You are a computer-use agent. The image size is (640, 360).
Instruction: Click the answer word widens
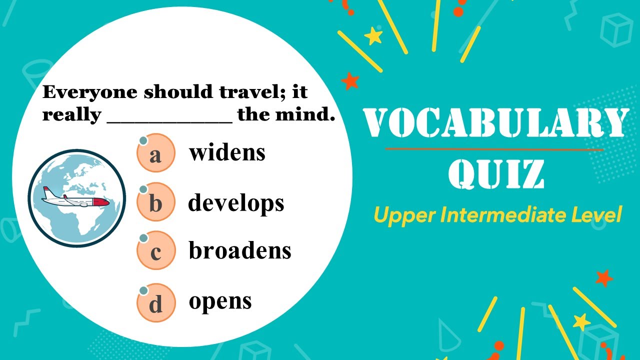(x=227, y=153)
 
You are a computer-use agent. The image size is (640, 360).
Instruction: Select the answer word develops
(x=236, y=202)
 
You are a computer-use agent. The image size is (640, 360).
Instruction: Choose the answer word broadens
(x=240, y=250)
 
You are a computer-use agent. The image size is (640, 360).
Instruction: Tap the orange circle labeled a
(x=156, y=153)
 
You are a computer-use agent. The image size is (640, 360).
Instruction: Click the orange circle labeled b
(x=156, y=202)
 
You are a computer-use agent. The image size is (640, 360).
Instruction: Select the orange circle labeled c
(x=156, y=251)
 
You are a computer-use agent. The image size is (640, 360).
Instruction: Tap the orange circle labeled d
(x=156, y=302)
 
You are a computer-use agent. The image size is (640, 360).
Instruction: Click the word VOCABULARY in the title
(x=495, y=123)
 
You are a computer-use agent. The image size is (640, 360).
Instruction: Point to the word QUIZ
(x=496, y=173)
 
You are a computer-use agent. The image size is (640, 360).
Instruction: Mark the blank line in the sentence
(x=170, y=120)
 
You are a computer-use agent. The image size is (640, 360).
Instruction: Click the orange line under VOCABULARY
(x=495, y=149)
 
